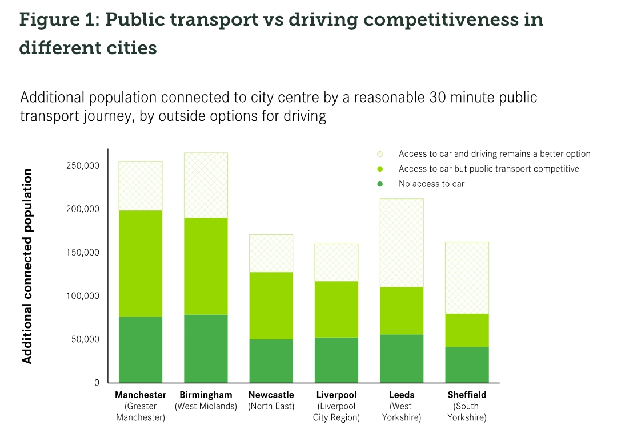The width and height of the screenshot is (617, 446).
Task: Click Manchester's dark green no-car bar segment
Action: coord(141,349)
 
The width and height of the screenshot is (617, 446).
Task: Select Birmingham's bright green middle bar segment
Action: coord(206,266)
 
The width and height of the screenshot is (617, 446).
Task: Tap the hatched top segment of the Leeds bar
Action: coord(402,242)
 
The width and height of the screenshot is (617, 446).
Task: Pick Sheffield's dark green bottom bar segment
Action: coord(467,364)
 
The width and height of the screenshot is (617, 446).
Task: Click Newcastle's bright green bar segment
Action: coord(271,305)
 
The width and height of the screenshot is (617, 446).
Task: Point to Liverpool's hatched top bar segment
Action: coord(336,262)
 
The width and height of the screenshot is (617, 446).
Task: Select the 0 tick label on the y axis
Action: coord(97,383)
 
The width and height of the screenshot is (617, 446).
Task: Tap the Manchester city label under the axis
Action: coord(141,395)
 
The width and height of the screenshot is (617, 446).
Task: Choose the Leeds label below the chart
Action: coord(402,395)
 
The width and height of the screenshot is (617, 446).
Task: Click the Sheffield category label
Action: coord(467,395)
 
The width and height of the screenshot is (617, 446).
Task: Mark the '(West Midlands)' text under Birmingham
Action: coord(206,407)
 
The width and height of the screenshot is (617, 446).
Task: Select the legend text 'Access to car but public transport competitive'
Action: coord(488,169)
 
